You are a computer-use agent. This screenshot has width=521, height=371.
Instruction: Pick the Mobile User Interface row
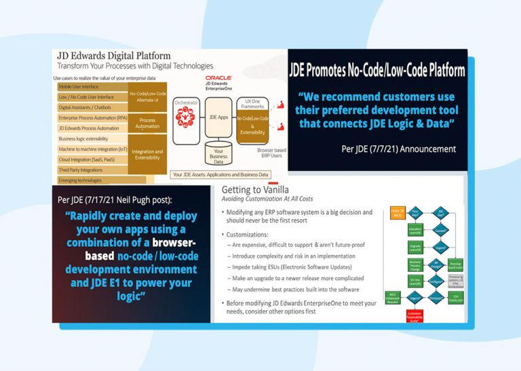[88, 87]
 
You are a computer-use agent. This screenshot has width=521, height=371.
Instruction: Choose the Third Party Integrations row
[88, 170]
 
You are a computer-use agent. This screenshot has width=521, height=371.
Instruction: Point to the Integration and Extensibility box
[147, 155]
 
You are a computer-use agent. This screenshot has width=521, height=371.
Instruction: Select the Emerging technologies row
[88, 180]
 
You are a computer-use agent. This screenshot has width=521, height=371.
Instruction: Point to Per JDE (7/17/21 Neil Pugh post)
[115, 199]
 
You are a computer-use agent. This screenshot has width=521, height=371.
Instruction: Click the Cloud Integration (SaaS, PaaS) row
[88, 159]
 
